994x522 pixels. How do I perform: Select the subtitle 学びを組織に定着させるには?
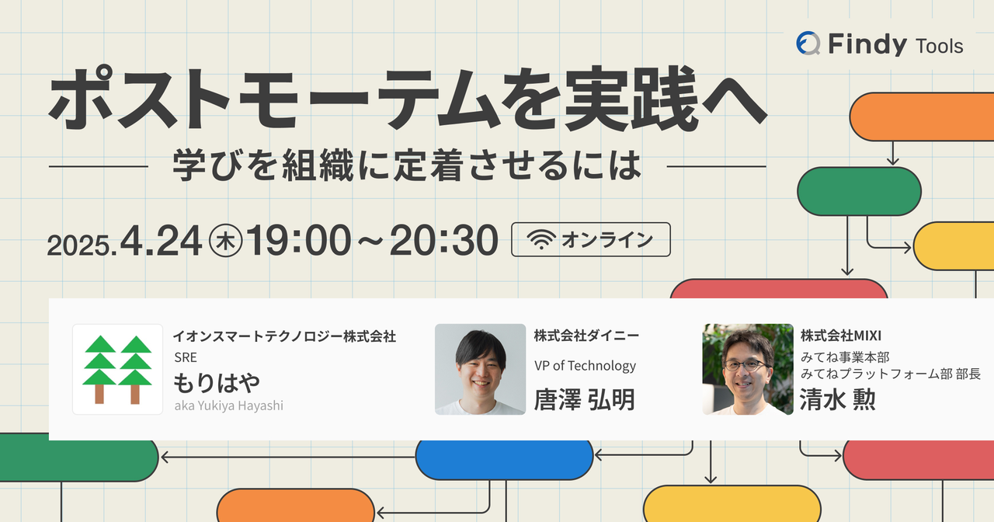(408, 164)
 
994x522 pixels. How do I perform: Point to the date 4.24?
(161, 241)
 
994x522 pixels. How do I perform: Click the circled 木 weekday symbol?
(226, 242)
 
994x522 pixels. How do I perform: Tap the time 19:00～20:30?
(372, 241)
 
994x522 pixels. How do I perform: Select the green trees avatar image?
(117, 369)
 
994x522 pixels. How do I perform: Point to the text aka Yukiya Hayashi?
(228, 405)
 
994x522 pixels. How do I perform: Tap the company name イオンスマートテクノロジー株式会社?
(284, 336)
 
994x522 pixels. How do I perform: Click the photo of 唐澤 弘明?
(480, 369)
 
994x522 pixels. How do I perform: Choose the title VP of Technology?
(585, 366)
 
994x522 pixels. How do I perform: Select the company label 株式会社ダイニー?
(586, 336)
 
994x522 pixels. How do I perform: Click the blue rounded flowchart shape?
(504, 458)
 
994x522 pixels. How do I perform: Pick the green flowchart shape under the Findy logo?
(859, 191)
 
